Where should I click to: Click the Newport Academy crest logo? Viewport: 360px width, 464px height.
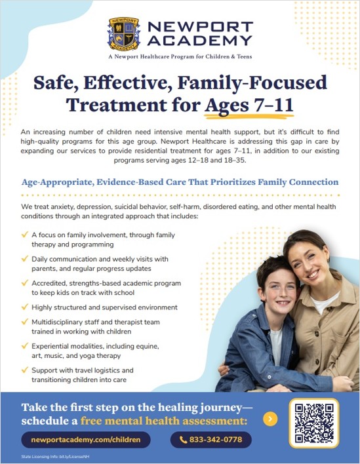click(123, 34)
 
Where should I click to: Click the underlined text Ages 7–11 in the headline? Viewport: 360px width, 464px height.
click(249, 104)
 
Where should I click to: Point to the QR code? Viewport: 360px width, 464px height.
click(313, 423)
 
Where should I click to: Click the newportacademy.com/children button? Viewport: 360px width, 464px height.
click(86, 439)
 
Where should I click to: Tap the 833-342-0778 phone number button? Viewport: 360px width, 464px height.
click(215, 439)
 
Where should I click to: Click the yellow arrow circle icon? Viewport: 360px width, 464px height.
click(270, 419)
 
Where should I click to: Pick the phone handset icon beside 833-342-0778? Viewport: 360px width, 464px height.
click(182, 439)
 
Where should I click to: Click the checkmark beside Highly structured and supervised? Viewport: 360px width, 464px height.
click(25, 307)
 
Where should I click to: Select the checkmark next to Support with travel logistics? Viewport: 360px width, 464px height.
click(25, 370)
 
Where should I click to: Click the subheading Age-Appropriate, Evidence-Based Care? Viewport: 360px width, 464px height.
click(180, 182)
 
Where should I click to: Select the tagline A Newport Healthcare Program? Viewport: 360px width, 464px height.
click(180, 57)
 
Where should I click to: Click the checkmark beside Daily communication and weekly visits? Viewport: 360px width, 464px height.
click(25, 259)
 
